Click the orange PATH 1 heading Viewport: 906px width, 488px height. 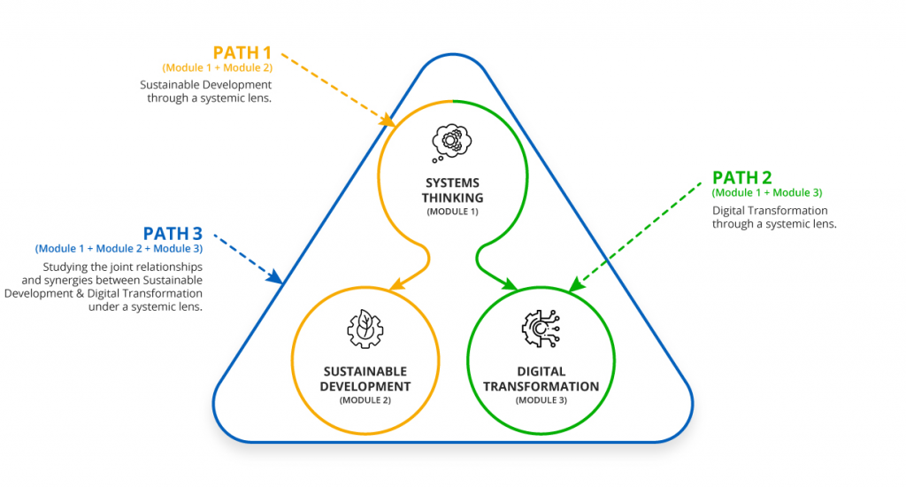click(242, 52)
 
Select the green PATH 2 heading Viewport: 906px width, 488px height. click(741, 178)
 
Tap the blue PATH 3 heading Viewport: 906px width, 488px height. click(173, 234)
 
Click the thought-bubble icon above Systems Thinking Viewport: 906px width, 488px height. click(451, 142)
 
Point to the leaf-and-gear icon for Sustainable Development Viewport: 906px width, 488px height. click(364, 329)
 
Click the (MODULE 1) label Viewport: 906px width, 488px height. click(452, 213)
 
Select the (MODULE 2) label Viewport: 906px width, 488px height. click(364, 400)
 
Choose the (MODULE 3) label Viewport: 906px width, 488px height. click(541, 400)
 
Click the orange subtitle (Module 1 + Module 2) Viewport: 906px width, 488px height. click(218, 67)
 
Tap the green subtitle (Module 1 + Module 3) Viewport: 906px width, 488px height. click(767, 193)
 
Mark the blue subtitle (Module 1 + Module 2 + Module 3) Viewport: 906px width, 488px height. click(119, 249)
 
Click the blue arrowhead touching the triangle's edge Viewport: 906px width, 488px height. click(277, 279)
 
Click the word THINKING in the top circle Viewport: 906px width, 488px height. click(452, 198)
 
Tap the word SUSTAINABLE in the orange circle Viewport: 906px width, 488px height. click(364, 372)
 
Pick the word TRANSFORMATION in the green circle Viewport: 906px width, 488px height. click(541, 386)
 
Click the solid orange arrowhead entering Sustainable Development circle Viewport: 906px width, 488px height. click(395, 285)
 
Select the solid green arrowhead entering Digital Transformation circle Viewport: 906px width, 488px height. click(511, 284)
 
